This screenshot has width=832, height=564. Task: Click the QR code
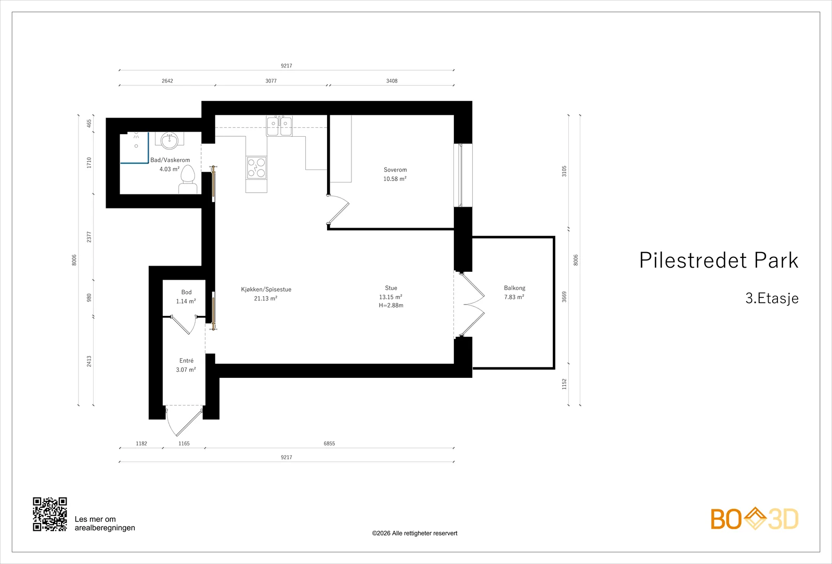coord(50,514)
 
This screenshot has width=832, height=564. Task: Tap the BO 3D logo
coord(755,519)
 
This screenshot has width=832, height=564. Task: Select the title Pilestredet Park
coord(718,260)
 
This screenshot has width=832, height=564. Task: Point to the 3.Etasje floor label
coord(772,298)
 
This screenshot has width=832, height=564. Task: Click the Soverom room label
coord(395,169)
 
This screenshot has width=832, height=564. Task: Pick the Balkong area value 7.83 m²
coord(514,297)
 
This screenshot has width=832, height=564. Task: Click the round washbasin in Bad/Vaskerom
coord(170,140)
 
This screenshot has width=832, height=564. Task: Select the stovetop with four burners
coord(256,167)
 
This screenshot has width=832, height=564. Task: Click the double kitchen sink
coord(279,126)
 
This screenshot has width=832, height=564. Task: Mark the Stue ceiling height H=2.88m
coord(391,306)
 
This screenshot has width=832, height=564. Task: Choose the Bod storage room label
coord(186,292)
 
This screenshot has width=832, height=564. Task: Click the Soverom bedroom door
coord(338,210)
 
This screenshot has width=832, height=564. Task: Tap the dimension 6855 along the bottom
coord(329,443)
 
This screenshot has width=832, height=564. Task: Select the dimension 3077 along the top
coord(271,81)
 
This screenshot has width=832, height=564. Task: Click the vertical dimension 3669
coord(564,297)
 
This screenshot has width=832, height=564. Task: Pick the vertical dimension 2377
coord(89,237)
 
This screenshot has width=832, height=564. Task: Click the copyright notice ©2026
coord(414,533)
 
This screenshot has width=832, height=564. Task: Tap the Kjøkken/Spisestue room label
coord(266,289)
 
